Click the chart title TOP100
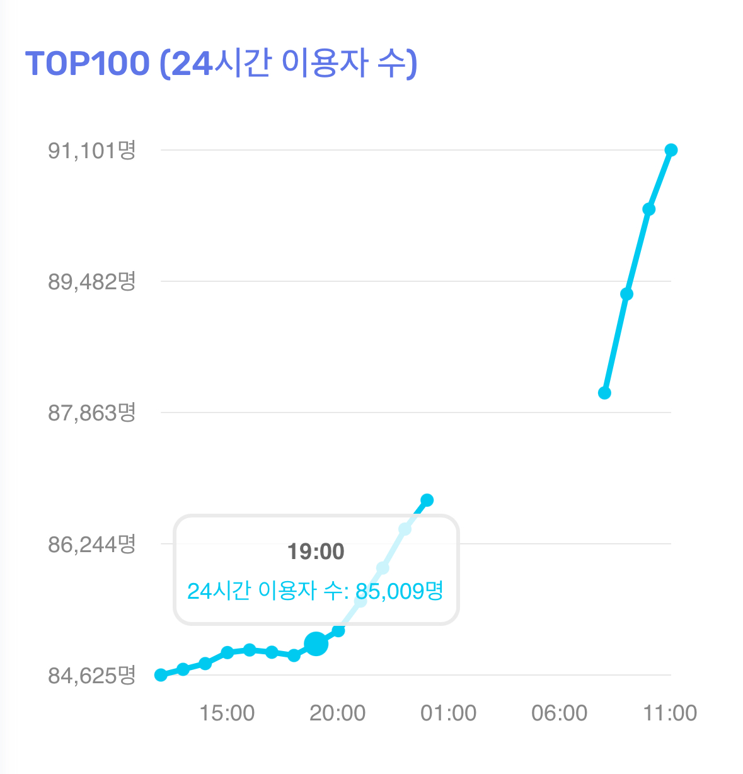coord(88,63)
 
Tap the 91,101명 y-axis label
coord(92,151)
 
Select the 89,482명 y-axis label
coord(92,282)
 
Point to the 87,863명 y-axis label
coord(92,413)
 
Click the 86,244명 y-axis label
coord(92,544)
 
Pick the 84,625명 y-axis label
coord(92,675)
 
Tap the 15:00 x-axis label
coord(227,713)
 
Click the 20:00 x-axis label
coord(338,713)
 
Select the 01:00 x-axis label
coord(449,713)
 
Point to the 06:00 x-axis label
coord(560,713)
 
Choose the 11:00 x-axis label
coord(670,713)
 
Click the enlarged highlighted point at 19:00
coord(316,644)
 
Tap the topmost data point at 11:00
coord(671,150)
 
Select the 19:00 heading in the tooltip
coord(316,552)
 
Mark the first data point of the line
coord(161,674)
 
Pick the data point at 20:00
coord(338,630)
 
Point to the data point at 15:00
coord(228,652)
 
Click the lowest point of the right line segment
coord(604,393)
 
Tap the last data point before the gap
coord(427,500)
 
